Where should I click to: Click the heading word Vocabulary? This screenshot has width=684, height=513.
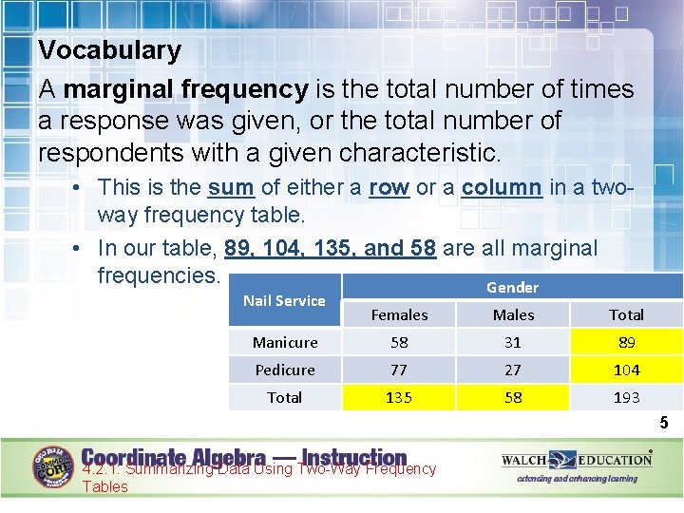point(109,49)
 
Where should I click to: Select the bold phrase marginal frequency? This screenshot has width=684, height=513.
point(185,89)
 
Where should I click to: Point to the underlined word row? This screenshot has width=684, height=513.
point(389,187)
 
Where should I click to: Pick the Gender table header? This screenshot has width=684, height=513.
point(512,287)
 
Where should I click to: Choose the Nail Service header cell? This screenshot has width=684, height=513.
point(284,300)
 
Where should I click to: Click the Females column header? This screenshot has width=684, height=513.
point(399,314)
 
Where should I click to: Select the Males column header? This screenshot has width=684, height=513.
point(513,314)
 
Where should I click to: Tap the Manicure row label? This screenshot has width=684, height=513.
point(285,342)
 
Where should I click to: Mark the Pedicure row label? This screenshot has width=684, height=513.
point(285,370)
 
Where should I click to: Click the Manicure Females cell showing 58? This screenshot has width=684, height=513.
point(399,342)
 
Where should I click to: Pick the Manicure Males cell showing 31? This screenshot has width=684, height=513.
point(513,342)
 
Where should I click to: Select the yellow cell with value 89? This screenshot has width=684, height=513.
point(626,342)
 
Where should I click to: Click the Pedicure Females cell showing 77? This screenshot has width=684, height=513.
point(399,370)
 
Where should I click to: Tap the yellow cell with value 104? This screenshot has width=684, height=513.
point(626,370)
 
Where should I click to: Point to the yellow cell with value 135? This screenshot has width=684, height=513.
point(399,397)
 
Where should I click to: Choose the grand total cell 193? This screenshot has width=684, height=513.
point(626,397)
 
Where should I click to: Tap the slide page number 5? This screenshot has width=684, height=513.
point(664,423)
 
